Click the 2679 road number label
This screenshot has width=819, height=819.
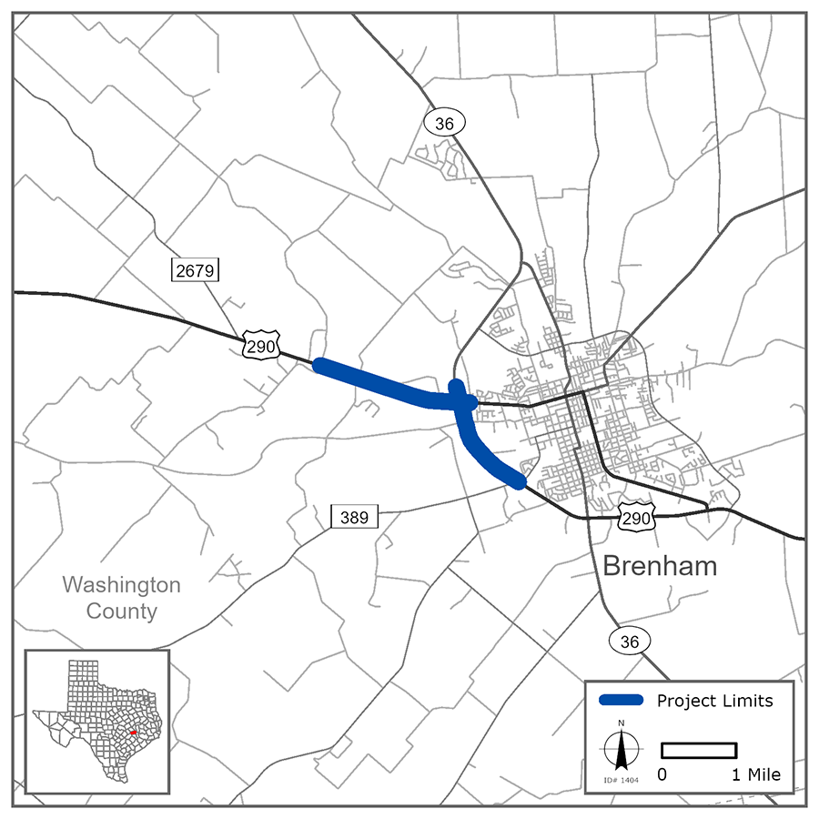[x=196, y=269]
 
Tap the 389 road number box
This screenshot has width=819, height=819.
[x=354, y=518]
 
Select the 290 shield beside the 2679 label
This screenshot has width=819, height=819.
[x=260, y=346]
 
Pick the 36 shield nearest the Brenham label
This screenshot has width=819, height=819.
[x=630, y=642]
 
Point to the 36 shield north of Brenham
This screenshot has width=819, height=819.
[x=445, y=123]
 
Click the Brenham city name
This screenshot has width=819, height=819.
[x=660, y=566]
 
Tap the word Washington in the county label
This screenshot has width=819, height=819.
[x=121, y=584]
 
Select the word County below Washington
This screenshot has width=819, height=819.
[x=121, y=611]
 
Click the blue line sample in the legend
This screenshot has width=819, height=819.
[x=622, y=701]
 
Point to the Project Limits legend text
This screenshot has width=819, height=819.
[x=714, y=701]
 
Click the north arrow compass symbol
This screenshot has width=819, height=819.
[x=622, y=750]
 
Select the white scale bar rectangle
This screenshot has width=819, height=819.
[x=698, y=750]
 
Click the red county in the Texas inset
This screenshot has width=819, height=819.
[x=132, y=733]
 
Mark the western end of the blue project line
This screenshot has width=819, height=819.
[x=318, y=366]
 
